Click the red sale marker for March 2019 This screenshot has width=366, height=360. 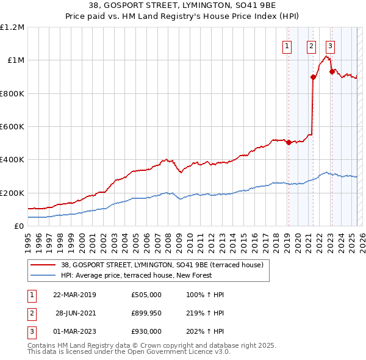[x=289, y=143]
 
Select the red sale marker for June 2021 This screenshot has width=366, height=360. [x=313, y=77]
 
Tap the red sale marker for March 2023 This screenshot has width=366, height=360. [x=331, y=71]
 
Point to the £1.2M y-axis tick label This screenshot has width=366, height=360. [x=13, y=27]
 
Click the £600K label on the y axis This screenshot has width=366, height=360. [x=12, y=127]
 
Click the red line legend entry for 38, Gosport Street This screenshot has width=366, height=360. [x=162, y=265]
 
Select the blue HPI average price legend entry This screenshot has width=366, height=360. [x=136, y=275]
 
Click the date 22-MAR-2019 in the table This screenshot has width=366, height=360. [x=74, y=295]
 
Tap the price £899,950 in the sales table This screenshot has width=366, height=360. [x=146, y=313]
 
